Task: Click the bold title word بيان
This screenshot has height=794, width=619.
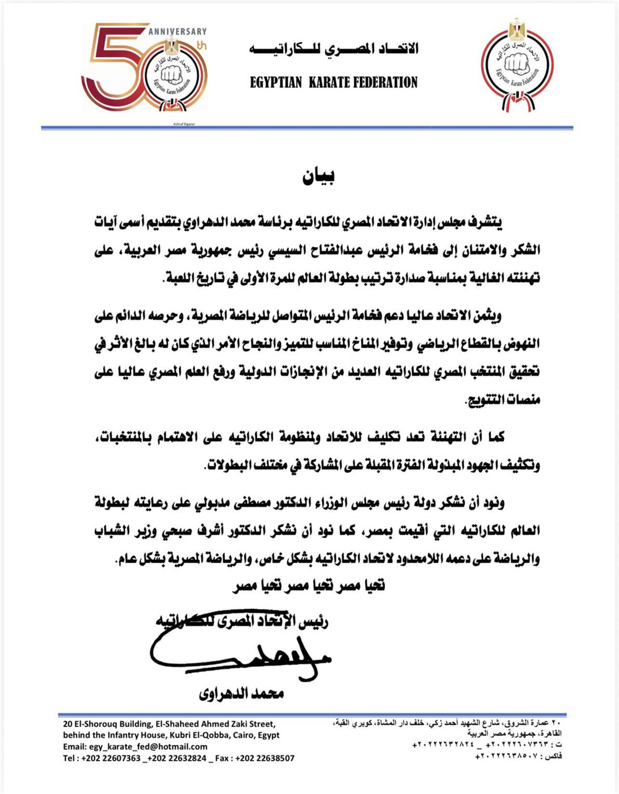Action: point(318,178)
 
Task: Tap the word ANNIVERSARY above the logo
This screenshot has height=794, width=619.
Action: point(178,32)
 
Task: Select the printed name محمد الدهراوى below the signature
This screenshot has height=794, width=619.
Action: point(241,693)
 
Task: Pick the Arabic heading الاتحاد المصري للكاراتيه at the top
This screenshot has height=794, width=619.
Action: point(334,50)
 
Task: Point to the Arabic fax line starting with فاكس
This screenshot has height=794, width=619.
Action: point(518,755)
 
